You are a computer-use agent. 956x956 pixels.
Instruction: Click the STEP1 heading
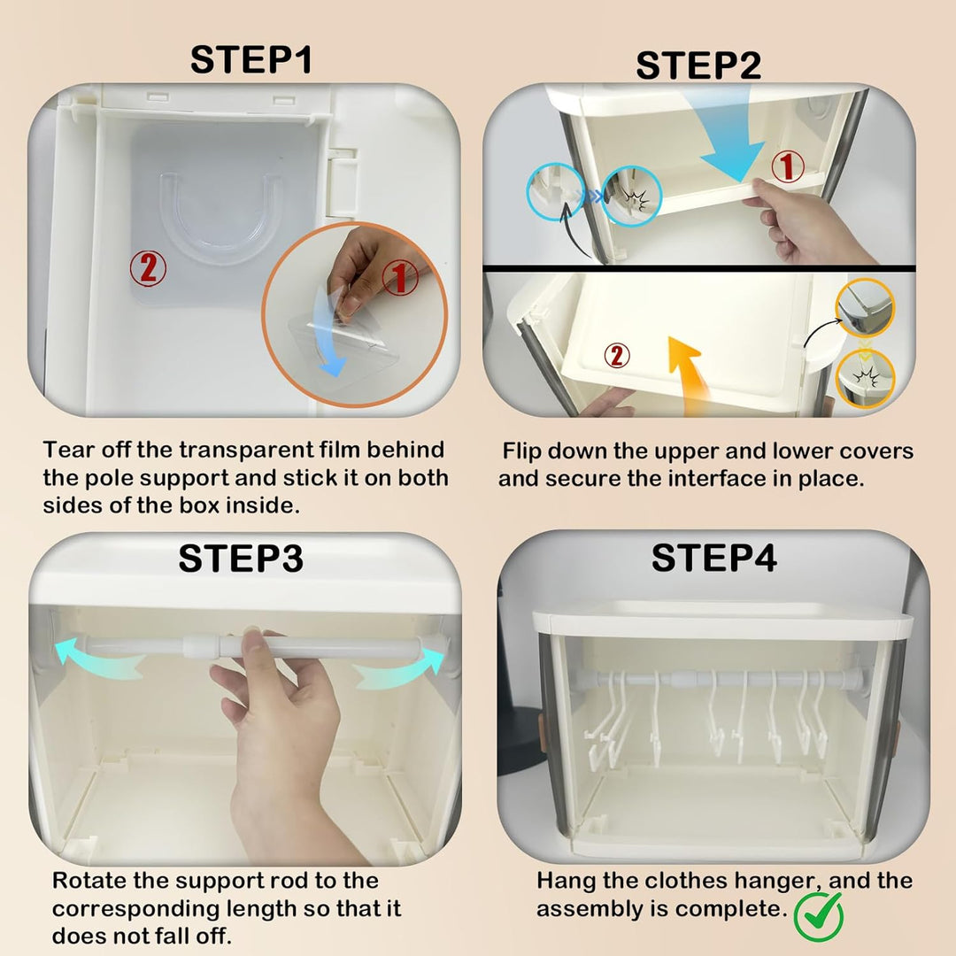[x=251, y=59]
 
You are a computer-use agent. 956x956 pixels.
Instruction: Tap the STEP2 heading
[x=698, y=66]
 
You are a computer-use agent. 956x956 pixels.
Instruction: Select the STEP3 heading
[x=241, y=558]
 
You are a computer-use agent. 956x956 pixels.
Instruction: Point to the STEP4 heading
[x=714, y=558]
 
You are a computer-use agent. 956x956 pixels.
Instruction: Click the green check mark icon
[x=819, y=916]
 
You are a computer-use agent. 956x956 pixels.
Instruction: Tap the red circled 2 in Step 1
[x=148, y=267]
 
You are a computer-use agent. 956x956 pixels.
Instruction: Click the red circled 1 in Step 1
[x=399, y=278]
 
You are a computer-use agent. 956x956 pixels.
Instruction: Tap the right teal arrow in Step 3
[x=399, y=668]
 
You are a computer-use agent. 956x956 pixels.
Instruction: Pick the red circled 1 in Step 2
[x=787, y=166]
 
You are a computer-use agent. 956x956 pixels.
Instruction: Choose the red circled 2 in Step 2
[x=616, y=356]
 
